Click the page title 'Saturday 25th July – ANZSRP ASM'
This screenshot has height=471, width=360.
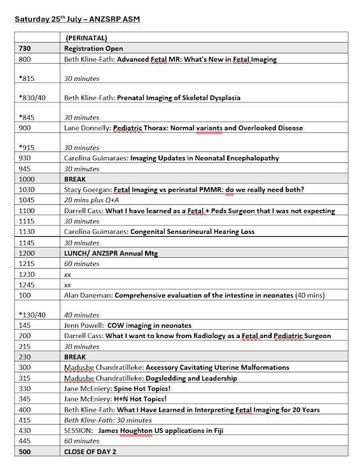pos(77,19)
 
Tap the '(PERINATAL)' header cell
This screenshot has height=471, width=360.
pos(87,38)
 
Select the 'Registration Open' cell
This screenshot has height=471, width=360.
pos(93,49)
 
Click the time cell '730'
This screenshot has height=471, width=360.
pos(25,49)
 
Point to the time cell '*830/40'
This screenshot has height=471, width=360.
pos(32,98)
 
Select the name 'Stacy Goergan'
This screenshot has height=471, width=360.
pos(88,190)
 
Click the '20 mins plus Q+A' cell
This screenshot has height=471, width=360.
pos(92,200)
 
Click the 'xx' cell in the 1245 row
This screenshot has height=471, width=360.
pos(67,285)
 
